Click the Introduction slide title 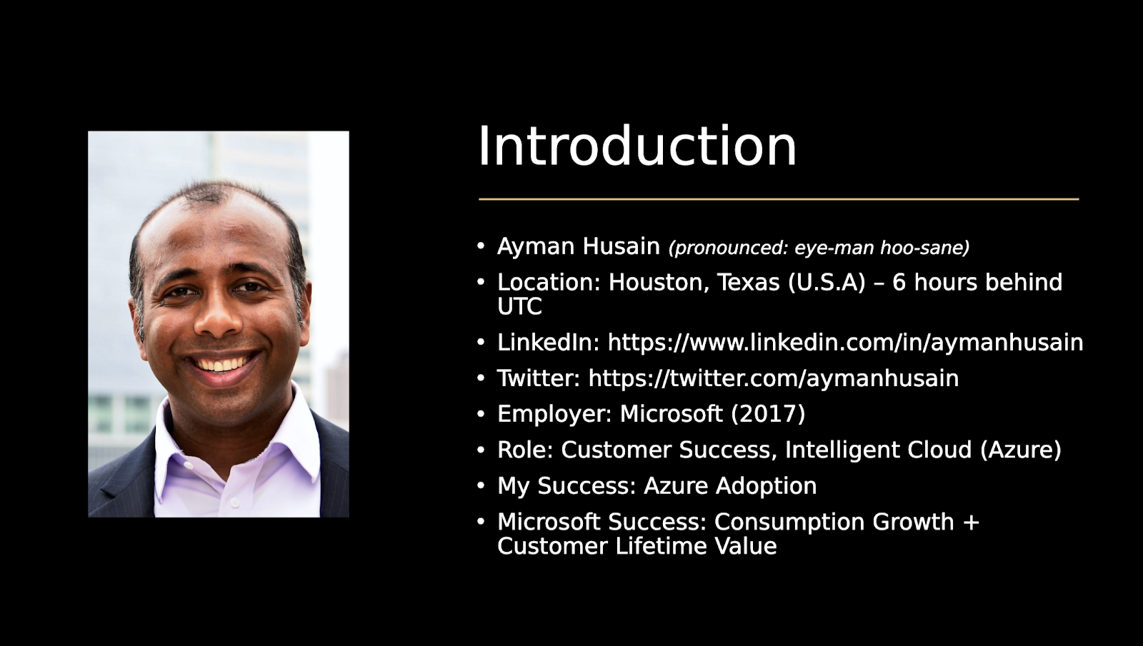637,146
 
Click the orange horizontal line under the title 778,199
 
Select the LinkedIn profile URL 845,343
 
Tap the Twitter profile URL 773,378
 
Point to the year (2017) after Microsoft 768,414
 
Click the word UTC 519,307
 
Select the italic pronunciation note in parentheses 819,248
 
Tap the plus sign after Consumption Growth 971,523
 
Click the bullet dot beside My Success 481,486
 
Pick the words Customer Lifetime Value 637,547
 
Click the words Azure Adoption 729,486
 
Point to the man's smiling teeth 221,365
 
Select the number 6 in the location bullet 899,283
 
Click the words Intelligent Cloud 878,450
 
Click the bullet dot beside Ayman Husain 481,246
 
